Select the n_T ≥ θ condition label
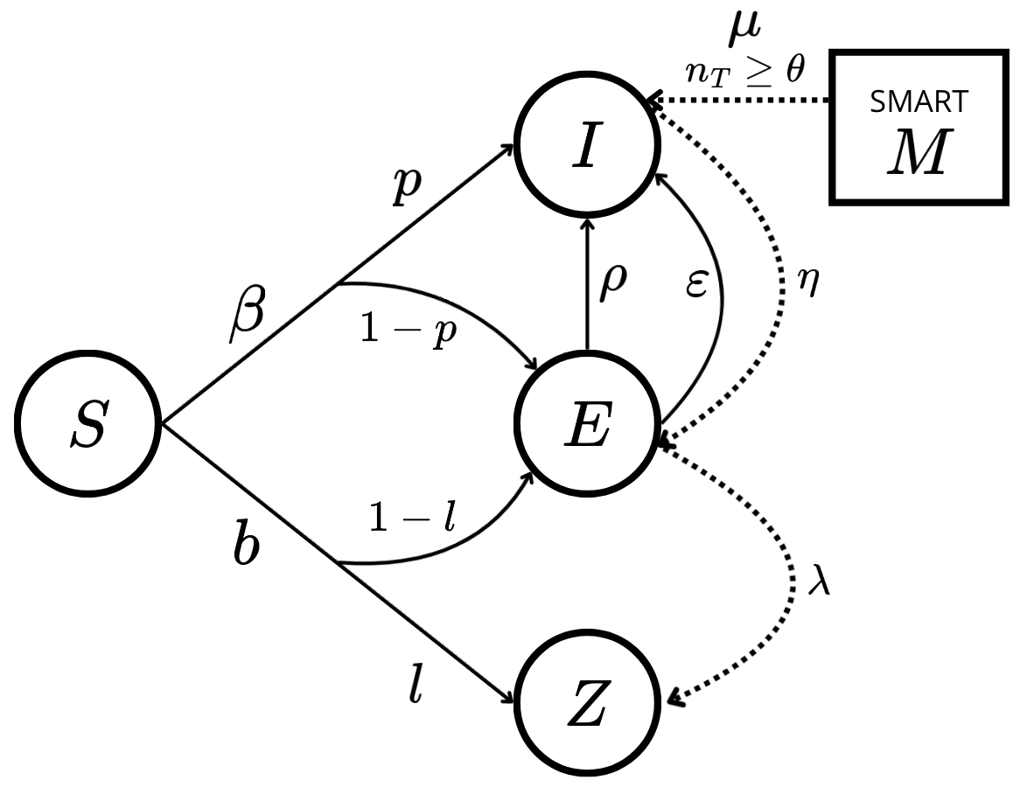745,71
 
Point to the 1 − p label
408,333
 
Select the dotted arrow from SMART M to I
744,101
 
